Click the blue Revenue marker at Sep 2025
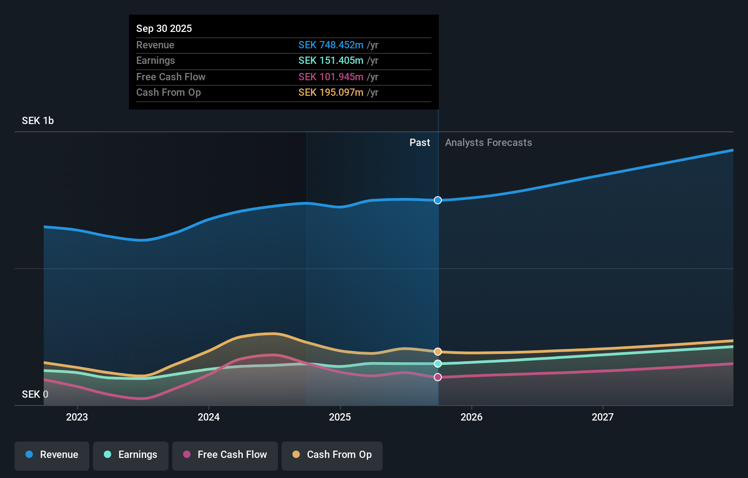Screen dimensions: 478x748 [438, 200]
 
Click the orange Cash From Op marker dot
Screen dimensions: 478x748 [438, 352]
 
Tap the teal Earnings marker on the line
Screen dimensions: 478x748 [438, 364]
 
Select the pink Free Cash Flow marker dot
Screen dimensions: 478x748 [438, 377]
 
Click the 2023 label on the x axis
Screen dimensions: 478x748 [77, 417]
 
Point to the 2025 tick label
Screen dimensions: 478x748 [340, 417]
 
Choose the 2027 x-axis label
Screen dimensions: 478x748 [602, 417]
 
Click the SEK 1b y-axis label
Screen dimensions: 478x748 [38, 121]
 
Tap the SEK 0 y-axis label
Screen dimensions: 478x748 [35, 394]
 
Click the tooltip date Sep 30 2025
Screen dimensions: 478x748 [164, 28]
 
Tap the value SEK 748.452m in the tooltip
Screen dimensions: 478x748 [331, 45]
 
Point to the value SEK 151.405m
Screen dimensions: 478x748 [331, 61]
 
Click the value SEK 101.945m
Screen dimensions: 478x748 [331, 77]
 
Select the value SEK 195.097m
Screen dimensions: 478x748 [331, 93]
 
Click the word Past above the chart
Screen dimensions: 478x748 [420, 143]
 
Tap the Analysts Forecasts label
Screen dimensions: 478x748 [488, 143]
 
